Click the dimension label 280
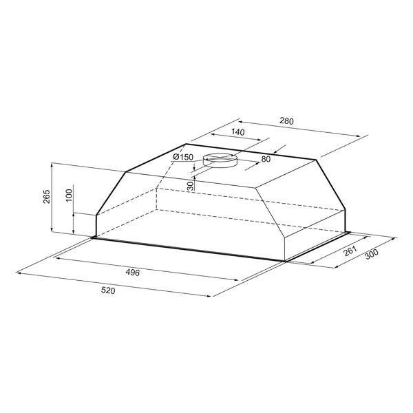point(286,121)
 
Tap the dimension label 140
point(238,132)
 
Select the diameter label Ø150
point(183,157)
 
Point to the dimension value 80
point(266,159)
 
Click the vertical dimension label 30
point(190,187)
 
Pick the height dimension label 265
point(46,196)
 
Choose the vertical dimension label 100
point(69,195)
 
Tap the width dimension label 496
point(132,273)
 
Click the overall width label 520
point(108,290)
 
